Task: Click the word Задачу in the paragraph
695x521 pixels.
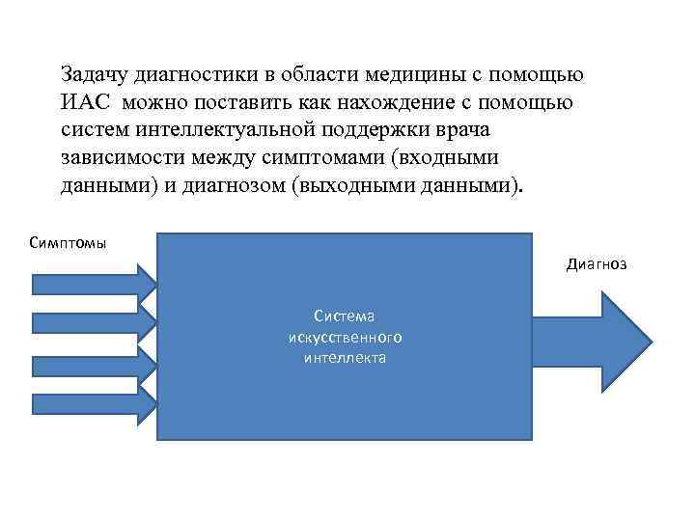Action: (94, 74)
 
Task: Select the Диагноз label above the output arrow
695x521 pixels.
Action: (596, 262)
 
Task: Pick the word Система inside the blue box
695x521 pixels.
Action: (345, 316)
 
